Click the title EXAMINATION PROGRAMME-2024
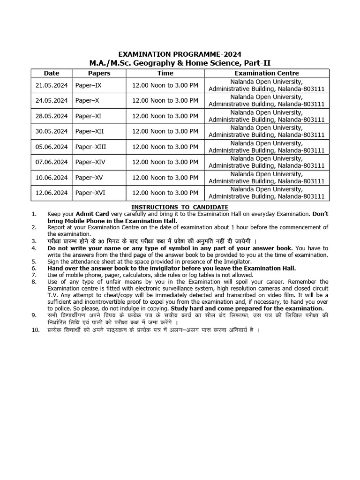pyautogui.click(x=180, y=54)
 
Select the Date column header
pyautogui.click(x=52, y=73)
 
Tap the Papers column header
pyautogui.click(x=99, y=73)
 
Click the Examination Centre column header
pyautogui.click(x=266, y=73)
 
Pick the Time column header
pyautogui.click(x=165, y=73)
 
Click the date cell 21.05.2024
pyautogui.click(x=52, y=85)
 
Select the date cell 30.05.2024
pyautogui.click(x=52, y=131)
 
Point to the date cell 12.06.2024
pyautogui.click(x=52, y=193)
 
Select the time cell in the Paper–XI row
pyautogui.click(x=165, y=116)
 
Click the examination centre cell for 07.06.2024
pyautogui.click(x=266, y=162)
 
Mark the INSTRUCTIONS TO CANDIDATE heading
pyautogui.click(x=180, y=207)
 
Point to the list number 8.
pyautogui.click(x=34, y=282)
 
